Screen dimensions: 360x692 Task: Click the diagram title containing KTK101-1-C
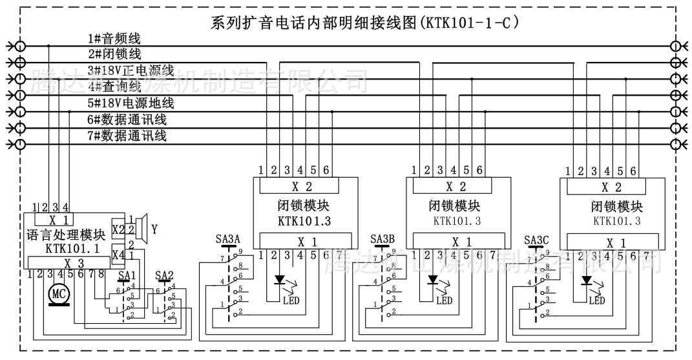point(366,23)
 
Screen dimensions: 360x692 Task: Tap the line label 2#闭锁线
point(115,54)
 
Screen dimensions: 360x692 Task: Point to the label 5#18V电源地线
point(131,103)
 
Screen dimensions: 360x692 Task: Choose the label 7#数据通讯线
point(127,136)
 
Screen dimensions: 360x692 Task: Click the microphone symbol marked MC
point(60,294)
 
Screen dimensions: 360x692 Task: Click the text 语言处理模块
point(66,234)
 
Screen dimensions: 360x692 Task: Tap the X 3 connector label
point(73,262)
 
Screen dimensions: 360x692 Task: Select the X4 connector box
point(118,255)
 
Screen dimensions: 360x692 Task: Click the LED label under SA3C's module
point(596,301)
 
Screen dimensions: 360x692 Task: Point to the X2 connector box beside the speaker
point(118,229)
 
